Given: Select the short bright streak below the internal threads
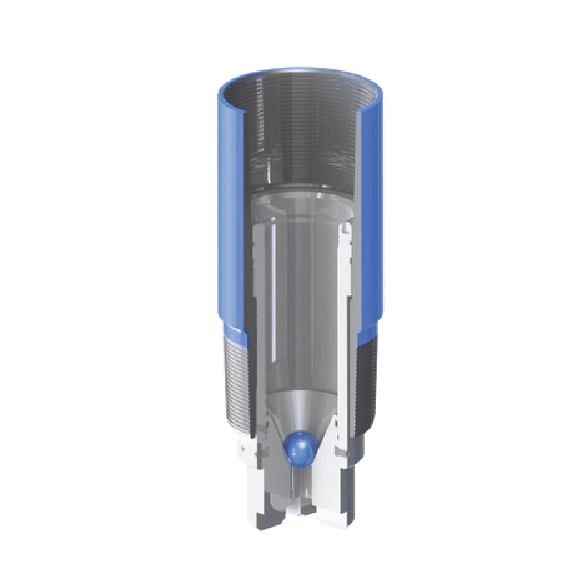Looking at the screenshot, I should [269, 173].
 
